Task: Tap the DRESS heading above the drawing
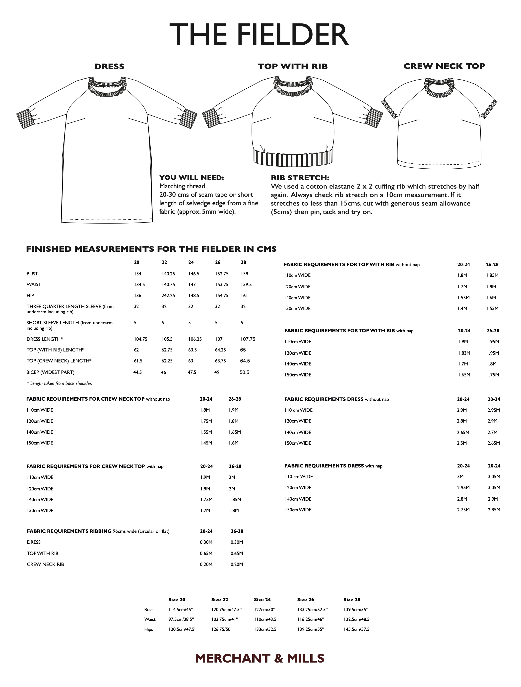[109, 66]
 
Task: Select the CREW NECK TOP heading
[444, 66]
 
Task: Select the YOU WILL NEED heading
[191, 178]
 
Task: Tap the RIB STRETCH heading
[300, 178]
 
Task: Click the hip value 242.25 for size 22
[168, 295]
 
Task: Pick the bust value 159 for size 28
[244, 274]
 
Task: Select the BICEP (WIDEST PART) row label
[51, 372]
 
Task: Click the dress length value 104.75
[140, 339]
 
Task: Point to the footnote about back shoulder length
[59, 383]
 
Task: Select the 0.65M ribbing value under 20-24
[206, 553]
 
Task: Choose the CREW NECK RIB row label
[45, 564]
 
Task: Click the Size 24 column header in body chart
[262, 599]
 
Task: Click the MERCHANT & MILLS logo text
[260, 658]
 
